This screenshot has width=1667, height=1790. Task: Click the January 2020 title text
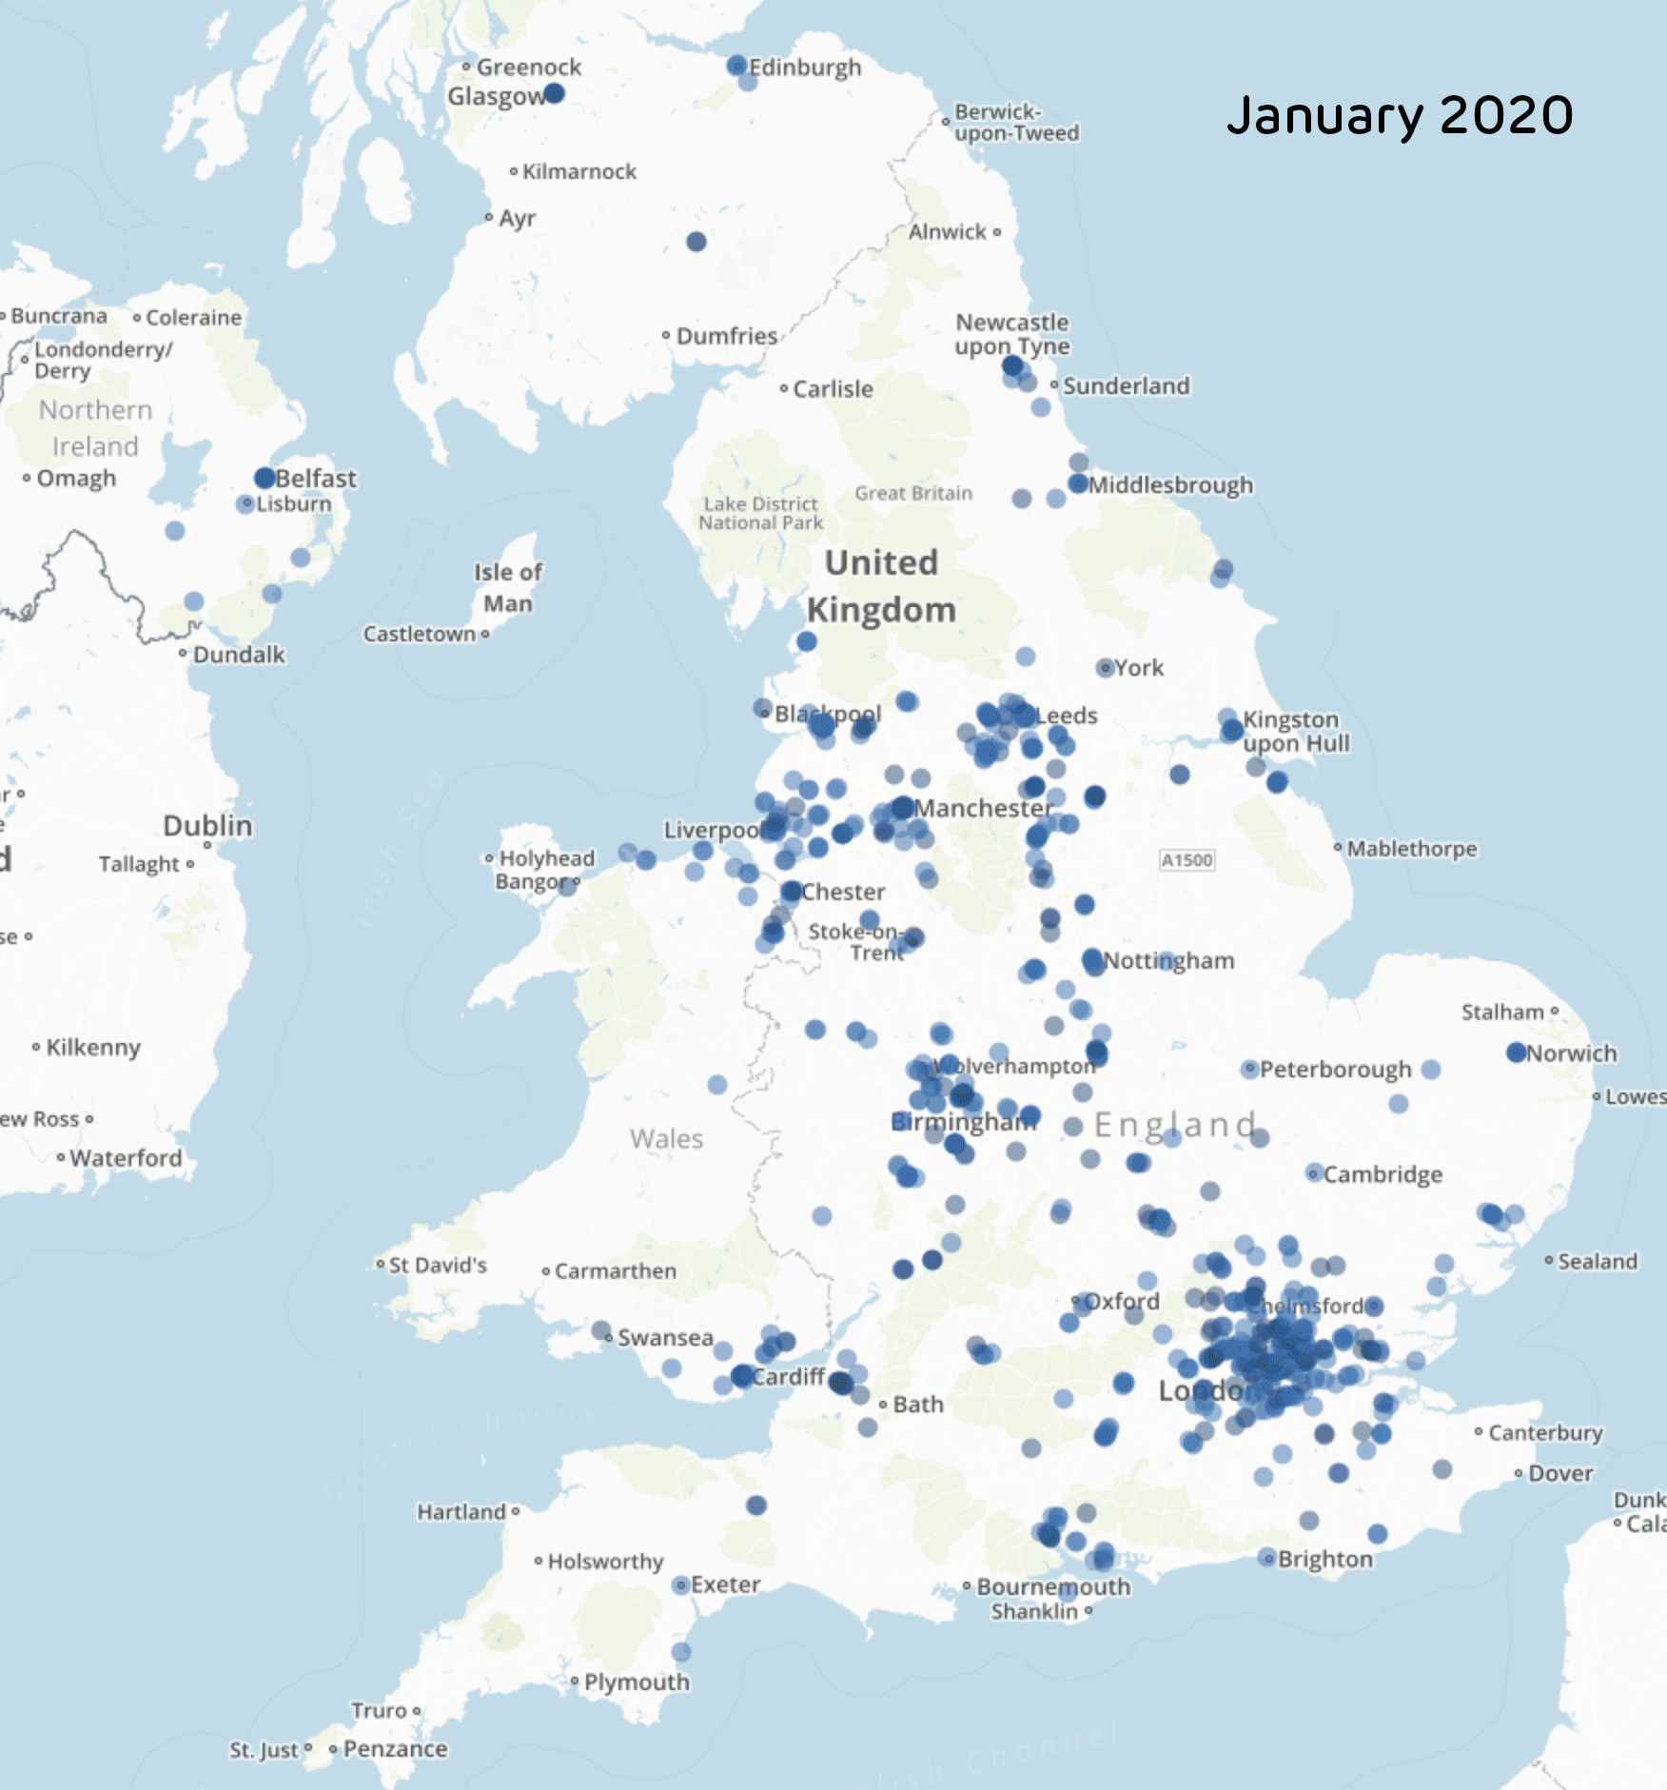tap(1399, 115)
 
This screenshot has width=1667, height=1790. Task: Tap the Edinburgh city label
tap(804, 68)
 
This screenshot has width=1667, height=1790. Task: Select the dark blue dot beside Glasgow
tap(554, 93)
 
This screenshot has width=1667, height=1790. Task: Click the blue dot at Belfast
tap(265, 478)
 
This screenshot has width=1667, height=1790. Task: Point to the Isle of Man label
tap(507, 587)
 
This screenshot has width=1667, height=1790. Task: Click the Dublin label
tap(207, 825)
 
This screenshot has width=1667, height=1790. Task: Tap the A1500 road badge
tap(1187, 860)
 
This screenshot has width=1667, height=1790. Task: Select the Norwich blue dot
tap(1517, 1052)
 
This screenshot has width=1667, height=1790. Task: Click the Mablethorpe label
tap(1411, 848)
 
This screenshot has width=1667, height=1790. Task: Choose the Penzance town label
tap(395, 1749)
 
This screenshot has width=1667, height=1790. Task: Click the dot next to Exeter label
tap(680, 1584)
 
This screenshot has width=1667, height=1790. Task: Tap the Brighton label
tap(1324, 1559)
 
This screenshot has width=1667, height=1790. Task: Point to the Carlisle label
tap(833, 388)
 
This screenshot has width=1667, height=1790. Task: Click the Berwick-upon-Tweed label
tap(1015, 123)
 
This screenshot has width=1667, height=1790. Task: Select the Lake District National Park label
tap(760, 513)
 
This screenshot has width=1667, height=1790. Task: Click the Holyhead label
tap(546, 857)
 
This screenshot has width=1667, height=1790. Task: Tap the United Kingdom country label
tap(881, 585)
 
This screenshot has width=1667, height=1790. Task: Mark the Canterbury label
tap(1545, 1432)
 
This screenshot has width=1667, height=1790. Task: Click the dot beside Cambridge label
tap(1314, 1173)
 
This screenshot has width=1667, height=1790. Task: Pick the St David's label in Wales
tap(438, 1265)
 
